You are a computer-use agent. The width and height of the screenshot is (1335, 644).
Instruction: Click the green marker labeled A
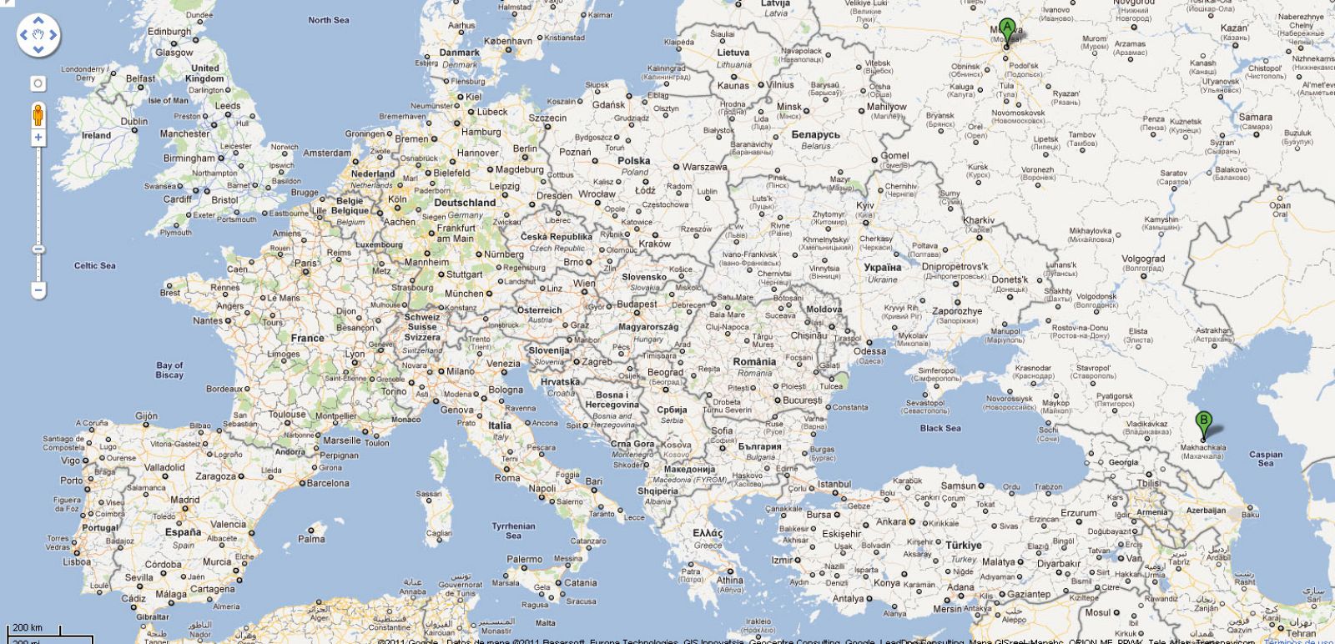point(1007,30)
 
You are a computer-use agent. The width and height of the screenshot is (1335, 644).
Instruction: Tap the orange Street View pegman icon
point(38,114)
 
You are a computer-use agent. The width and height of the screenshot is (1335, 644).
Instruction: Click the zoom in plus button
point(38,138)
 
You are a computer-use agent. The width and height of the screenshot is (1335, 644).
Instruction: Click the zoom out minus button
point(38,290)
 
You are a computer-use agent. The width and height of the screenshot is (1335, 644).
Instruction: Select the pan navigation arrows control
point(38,35)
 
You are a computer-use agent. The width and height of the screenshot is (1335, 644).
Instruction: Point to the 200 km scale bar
point(27,628)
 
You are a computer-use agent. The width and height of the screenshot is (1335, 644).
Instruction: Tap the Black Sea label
point(940,428)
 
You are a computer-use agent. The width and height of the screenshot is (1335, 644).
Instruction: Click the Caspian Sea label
point(1266,458)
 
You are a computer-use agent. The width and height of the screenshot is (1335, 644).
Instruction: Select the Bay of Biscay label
point(169,370)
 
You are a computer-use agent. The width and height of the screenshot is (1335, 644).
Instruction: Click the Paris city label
point(305,263)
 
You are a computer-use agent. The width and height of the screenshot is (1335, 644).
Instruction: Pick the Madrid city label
point(184,500)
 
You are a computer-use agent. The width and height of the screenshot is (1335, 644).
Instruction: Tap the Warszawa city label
point(704,167)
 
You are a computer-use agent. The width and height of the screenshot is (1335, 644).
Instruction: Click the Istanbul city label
point(834,484)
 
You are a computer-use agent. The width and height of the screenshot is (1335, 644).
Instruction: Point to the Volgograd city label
point(1142,259)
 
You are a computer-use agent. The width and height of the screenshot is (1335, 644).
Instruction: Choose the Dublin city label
point(133,121)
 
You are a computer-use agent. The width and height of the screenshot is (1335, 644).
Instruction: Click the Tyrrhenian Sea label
point(513,531)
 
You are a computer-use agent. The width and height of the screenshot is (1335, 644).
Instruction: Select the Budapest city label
point(637,304)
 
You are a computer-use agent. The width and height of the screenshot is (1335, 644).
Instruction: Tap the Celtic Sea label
point(95,265)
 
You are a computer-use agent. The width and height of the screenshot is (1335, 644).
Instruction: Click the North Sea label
point(329,20)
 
